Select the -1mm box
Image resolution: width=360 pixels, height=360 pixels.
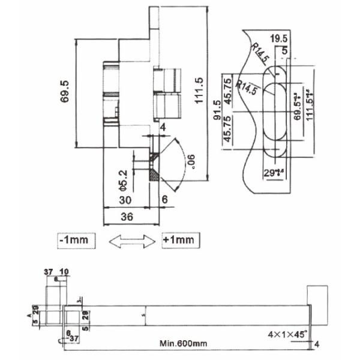75,240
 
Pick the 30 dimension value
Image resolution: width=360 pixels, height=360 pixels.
124,199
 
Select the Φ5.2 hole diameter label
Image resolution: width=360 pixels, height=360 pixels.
122,179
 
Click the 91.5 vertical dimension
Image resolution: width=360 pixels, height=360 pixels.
217,110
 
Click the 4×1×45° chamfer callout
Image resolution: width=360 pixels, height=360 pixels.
289,332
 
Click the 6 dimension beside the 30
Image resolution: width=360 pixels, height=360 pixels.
165,199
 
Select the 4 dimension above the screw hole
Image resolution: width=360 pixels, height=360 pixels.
162,127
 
